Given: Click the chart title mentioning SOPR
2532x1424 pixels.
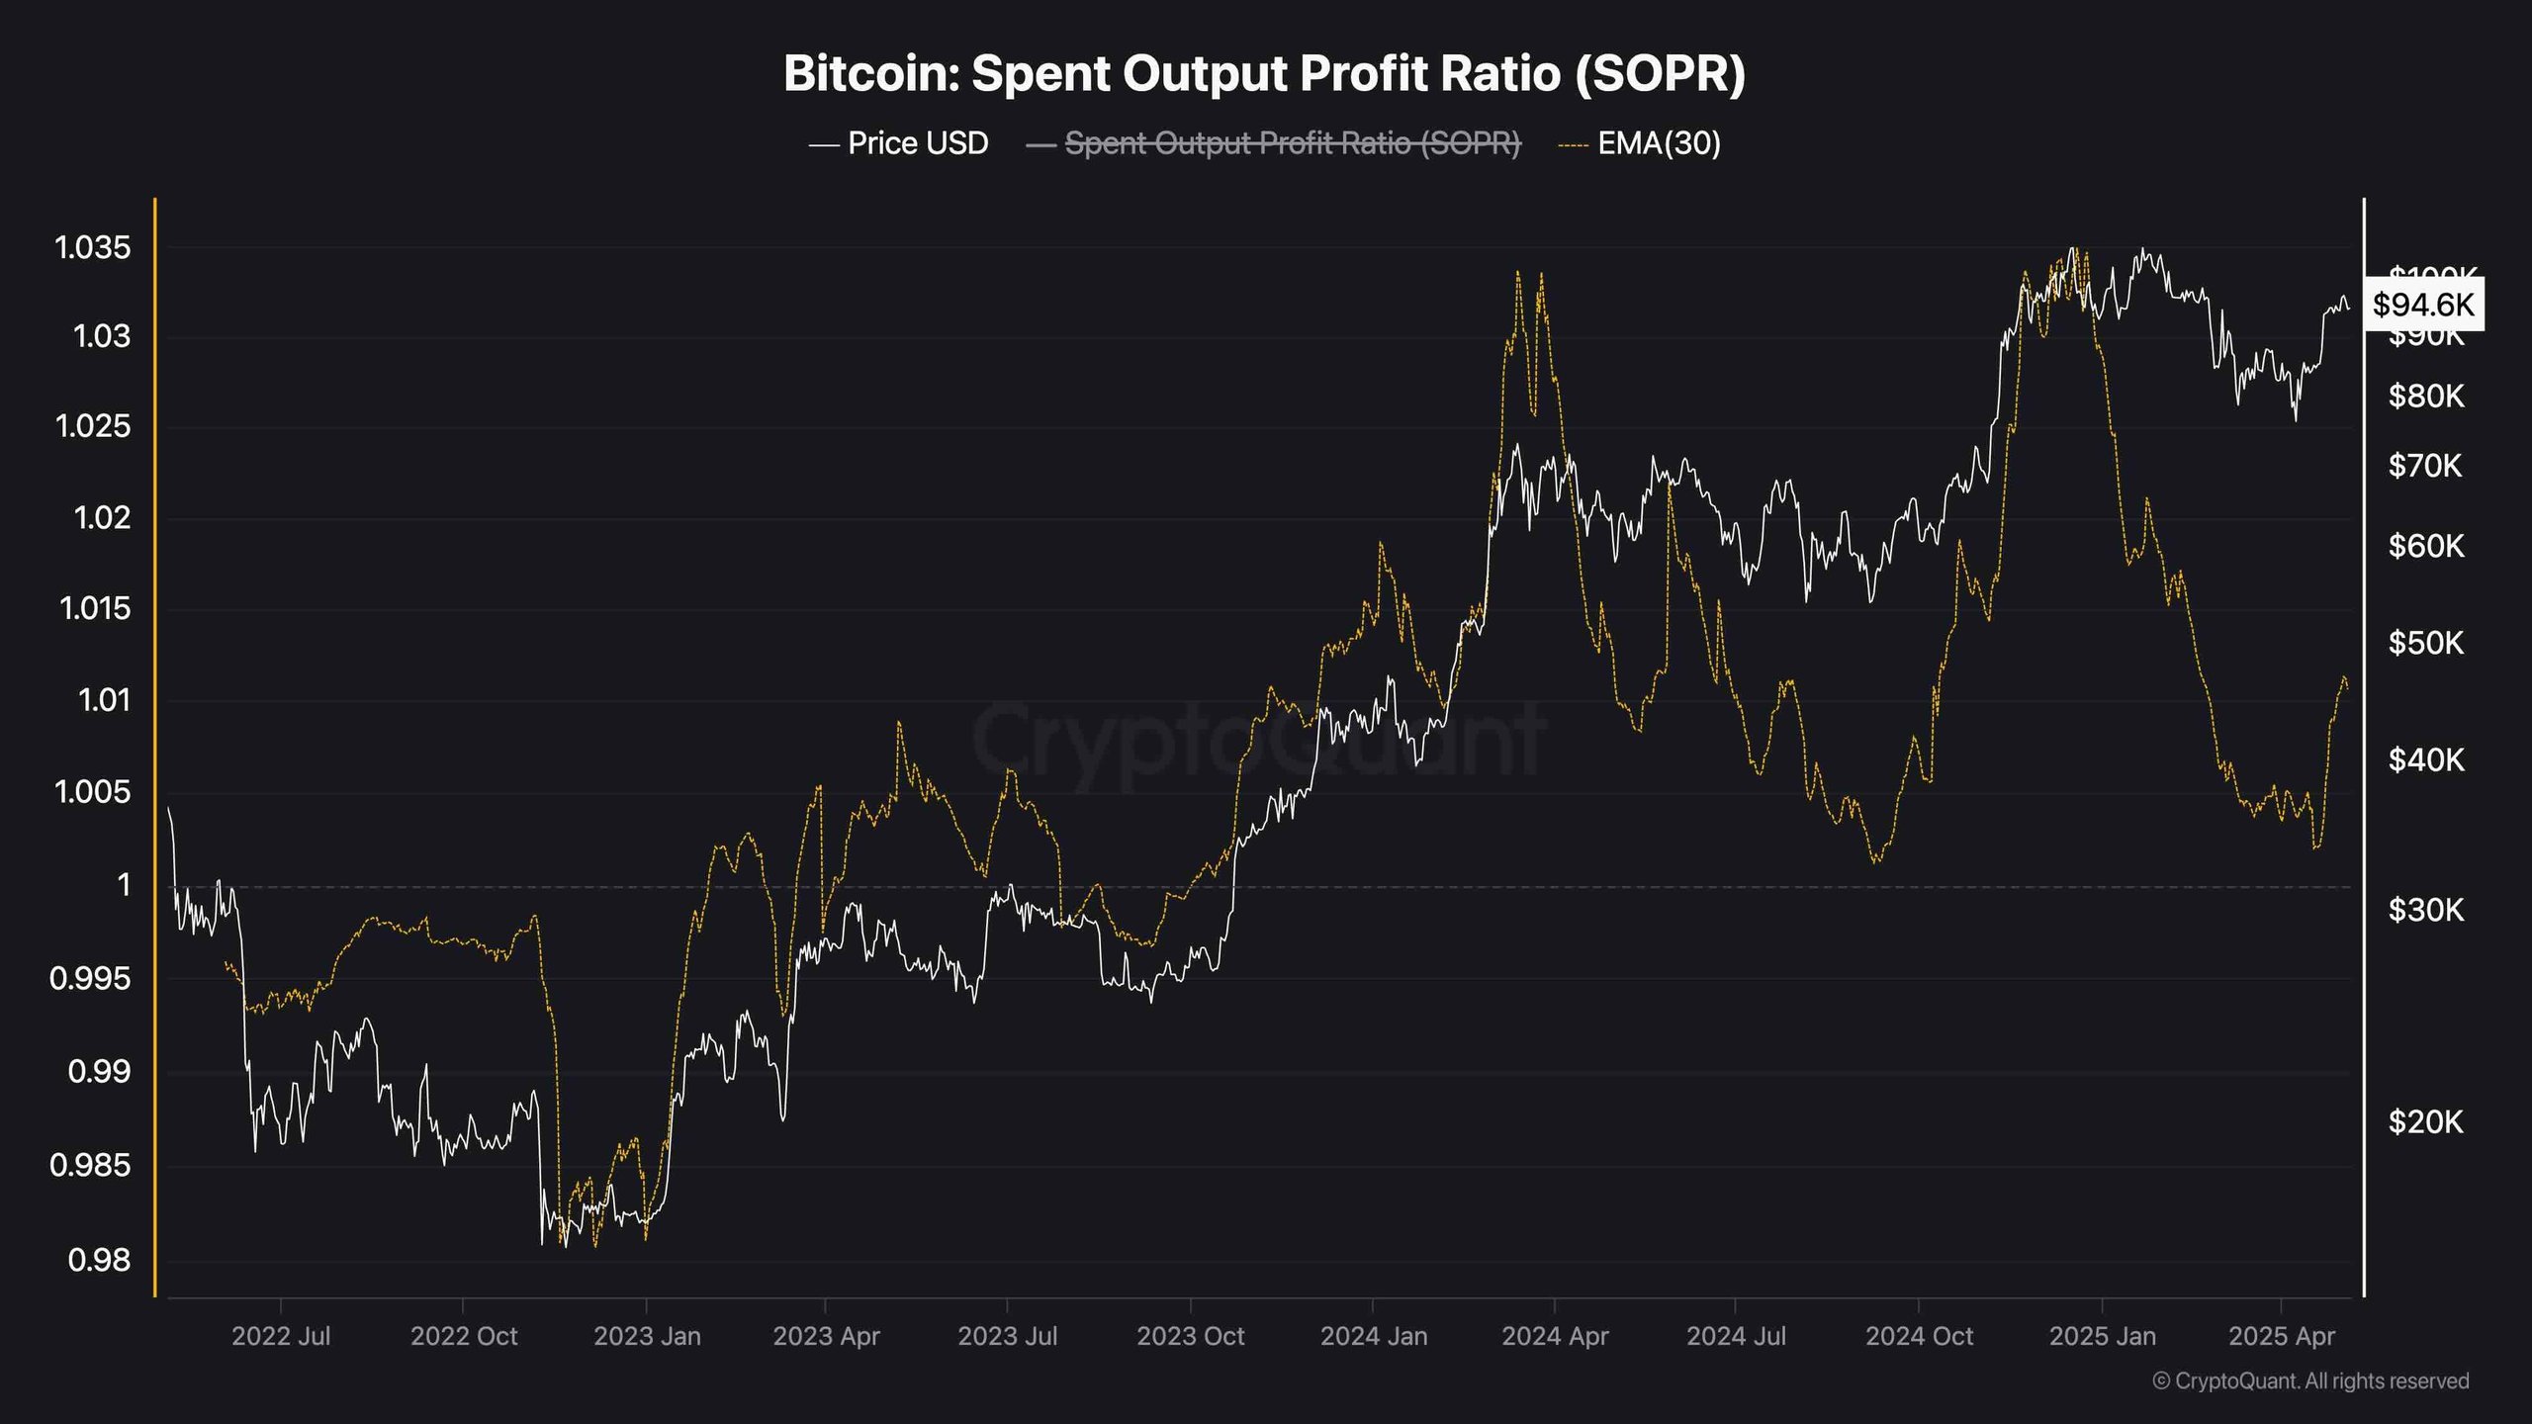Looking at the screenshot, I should [1264, 73].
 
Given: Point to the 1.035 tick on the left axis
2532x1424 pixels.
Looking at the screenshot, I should [93, 247].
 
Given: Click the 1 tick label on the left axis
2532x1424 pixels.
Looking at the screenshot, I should [123, 883].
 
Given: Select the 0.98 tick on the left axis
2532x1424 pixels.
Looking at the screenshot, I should [99, 1259].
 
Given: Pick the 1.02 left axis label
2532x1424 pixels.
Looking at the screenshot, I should [102, 516].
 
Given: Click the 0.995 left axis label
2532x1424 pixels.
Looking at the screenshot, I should [90, 978].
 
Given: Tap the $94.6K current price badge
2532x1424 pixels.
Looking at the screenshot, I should [2422, 304].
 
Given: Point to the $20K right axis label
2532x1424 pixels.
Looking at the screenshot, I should [2425, 1121].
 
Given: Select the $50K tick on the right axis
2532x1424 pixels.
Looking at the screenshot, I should [2425, 643].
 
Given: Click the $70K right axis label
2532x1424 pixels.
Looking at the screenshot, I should [2425, 465].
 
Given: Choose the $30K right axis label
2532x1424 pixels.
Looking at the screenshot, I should [2425, 910].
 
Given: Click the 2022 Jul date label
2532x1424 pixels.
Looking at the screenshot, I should [281, 1336].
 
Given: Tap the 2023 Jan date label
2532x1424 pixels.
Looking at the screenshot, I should [647, 1336].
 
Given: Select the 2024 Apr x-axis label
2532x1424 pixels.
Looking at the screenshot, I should [1555, 1336].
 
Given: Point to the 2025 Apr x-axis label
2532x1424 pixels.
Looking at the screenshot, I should [2281, 1336].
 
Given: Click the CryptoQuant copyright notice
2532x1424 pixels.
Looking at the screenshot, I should [2310, 1380].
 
